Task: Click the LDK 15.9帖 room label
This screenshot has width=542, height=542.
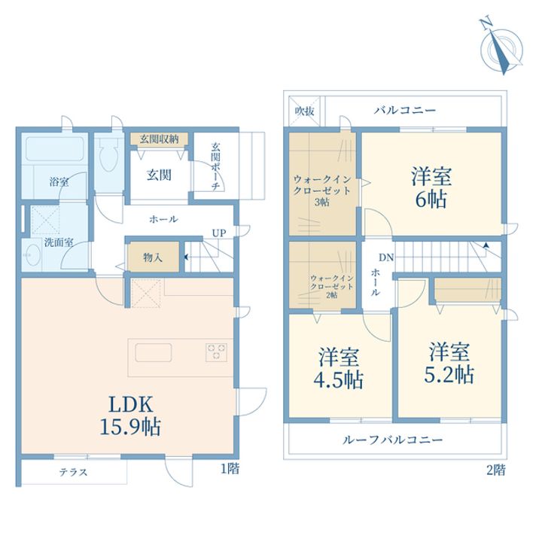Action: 129,414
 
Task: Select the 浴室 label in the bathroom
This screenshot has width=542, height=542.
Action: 59,181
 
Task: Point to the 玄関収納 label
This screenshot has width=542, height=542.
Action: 159,139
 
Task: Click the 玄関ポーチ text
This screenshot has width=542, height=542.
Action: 215,167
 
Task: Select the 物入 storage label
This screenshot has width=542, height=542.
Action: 153,257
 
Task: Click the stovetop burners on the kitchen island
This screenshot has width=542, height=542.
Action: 217,350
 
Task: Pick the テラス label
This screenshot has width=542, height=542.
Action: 73,473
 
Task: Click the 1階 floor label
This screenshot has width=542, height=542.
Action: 230,469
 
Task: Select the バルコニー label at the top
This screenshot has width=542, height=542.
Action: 405,111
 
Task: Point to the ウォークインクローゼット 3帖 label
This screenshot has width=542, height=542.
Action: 322,190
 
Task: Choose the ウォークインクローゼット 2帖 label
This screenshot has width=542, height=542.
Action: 324,285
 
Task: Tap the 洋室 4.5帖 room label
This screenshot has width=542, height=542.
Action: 338,368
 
